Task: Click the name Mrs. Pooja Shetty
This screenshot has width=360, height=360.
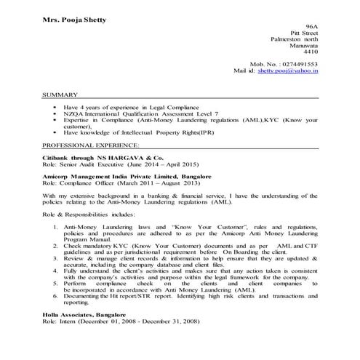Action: [75, 19]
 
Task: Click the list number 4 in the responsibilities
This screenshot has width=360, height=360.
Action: [57, 271]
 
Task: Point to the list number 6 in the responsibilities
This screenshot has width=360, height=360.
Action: [57, 297]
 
